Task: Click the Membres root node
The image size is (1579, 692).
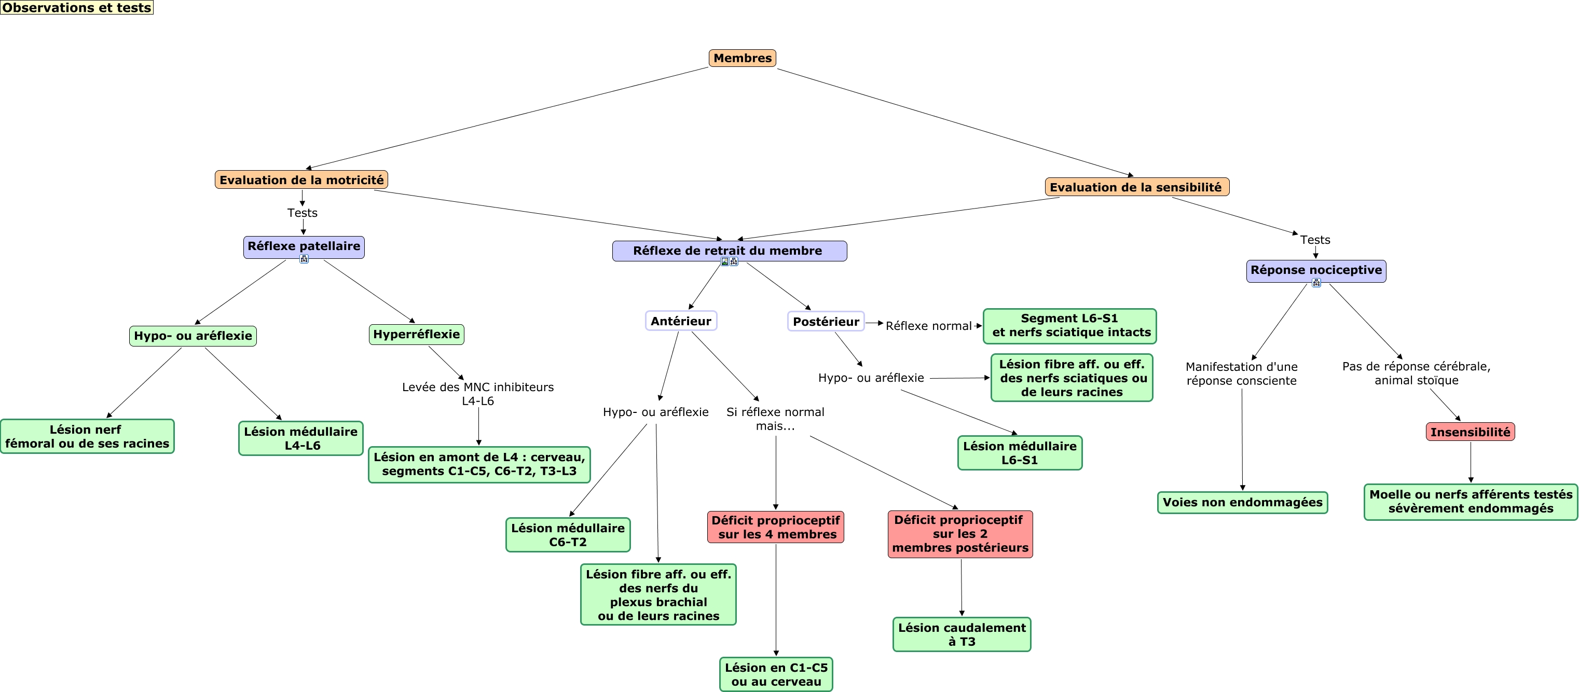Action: click(743, 58)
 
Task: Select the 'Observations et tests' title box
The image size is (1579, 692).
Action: click(77, 7)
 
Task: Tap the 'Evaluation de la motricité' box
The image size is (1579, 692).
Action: click(301, 179)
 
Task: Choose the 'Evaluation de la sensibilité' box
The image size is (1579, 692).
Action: click(1137, 187)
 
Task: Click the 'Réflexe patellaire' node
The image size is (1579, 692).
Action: click(304, 247)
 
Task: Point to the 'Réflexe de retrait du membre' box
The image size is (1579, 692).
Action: click(730, 251)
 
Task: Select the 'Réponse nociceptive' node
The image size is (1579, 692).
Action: click(1316, 271)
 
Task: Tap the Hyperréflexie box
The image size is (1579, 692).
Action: click(417, 335)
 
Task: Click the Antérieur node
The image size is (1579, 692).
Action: click(681, 321)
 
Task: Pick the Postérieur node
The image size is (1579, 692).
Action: click(826, 321)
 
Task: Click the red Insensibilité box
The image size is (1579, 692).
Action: click(1471, 432)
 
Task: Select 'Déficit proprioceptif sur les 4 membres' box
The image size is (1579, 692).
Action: click(775, 527)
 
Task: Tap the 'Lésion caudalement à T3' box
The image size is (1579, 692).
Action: click(962, 634)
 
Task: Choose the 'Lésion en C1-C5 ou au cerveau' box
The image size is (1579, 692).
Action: click(776, 674)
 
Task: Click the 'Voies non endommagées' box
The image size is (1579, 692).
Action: click(1242, 503)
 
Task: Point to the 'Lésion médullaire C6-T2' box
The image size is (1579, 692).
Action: click(568, 534)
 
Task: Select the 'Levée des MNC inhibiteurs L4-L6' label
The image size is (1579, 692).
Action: click(478, 394)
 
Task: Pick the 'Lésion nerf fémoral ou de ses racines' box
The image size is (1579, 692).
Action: click(87, 436)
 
